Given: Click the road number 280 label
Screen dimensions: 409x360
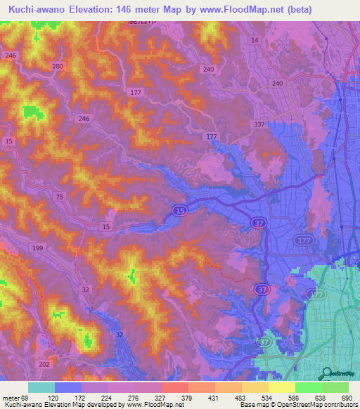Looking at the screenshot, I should [57, 66].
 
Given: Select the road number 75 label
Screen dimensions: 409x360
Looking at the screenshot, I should [61, 197].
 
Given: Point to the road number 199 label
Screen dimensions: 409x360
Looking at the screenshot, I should [37, 249].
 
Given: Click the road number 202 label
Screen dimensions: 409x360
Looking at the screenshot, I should [45, 363].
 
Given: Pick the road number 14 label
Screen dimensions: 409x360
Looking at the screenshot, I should [255, 41].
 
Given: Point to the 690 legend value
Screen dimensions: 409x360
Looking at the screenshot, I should [345, 398].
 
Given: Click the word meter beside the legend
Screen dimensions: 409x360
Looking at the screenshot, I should [12, 398].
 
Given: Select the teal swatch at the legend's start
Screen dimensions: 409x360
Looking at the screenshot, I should [41, 387].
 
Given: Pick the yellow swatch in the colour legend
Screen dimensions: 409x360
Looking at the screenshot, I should [282, 387].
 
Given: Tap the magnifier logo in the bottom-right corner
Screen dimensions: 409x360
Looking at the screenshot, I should [326, 375].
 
